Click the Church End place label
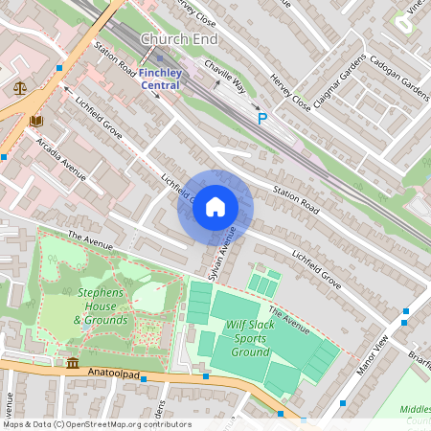[178, 39]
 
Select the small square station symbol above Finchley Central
[160, 57]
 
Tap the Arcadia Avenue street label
[61, 159]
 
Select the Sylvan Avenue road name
[223, 252]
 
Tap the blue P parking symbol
[261, 118]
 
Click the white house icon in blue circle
[215, 207]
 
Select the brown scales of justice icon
[20, 86]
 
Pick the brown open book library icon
[36, 121]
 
